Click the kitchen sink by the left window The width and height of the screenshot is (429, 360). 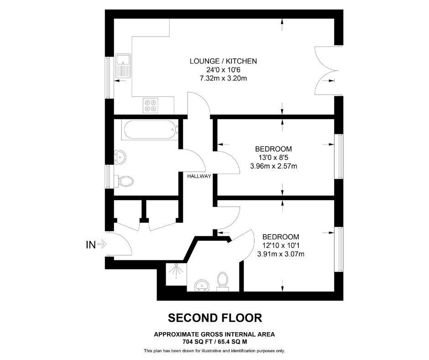(x=123, y=66)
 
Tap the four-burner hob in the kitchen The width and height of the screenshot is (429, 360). (x=150, y=106)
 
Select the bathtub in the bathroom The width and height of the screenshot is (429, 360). (x=150, y=130)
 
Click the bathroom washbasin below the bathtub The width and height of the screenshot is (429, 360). (x=120, y=157)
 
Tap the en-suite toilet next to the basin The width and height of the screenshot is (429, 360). (x=222, y=281)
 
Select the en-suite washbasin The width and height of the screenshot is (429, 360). (x=202, y=286)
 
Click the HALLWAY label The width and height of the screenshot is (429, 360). (x=199, y=176)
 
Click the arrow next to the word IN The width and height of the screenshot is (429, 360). (x=102, y=244)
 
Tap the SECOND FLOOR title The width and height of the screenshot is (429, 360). (x=215, y=318)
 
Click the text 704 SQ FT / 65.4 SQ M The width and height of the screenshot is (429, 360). (x=215, y=342)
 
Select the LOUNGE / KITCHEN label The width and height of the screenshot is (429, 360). (x=223, y=61)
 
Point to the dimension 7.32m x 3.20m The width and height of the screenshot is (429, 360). (x=223, y=79)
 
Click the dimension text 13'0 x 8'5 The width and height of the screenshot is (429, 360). (x=273, y=158)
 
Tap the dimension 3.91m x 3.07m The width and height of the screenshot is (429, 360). (x=281, y=254)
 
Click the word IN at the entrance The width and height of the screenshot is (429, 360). (x=91, y=245)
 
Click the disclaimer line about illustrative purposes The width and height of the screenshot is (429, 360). (x=214, y=351)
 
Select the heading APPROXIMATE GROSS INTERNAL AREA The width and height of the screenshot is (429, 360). (x=214, y=334)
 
